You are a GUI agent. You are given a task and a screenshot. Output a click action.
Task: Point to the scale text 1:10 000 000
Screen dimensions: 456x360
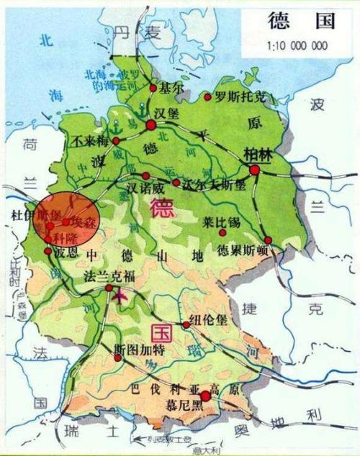[x=297, y=45]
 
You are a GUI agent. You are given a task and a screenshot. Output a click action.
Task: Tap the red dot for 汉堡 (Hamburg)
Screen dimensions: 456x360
[x=151, y=126]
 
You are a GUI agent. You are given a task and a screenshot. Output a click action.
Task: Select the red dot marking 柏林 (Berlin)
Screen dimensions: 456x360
[x=255, y=170]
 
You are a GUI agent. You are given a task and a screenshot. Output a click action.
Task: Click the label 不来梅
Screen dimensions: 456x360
[x=91, y=140]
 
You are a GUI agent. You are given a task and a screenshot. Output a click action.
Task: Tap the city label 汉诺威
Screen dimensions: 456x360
[x=142, y=188]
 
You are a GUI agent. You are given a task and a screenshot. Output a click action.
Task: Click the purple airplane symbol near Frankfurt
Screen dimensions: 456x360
[x=118, y=295]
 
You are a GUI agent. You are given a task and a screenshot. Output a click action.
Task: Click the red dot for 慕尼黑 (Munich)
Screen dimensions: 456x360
[x=206, y=396]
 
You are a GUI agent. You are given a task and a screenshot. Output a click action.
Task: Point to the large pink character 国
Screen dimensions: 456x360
[x=161, y=333]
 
